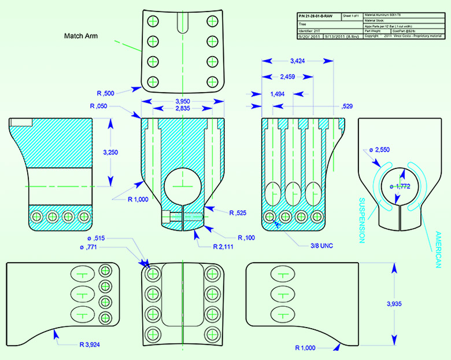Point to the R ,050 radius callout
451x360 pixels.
tap(101, 106)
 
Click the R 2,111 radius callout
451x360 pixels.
tap(213, 247)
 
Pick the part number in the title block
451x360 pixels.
tap(317, 16)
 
